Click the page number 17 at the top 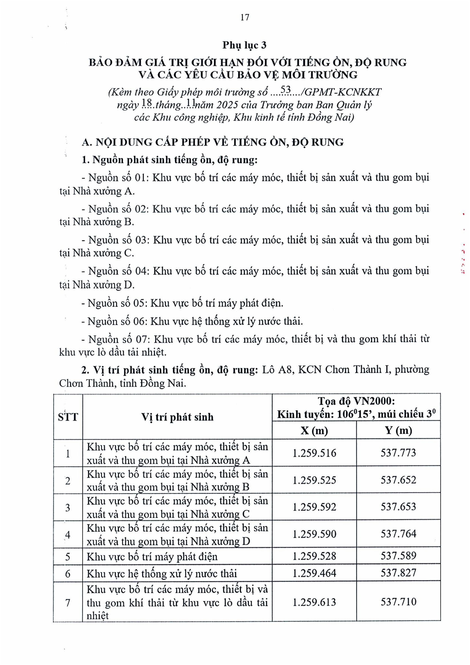[x=245, y=18]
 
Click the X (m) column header [x=314, y=431]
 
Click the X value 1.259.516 [x=314, y=453]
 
